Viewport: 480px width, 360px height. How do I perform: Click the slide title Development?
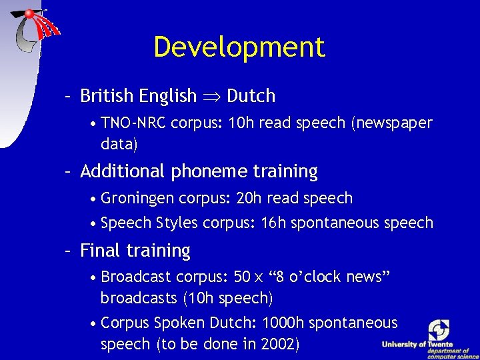point(239,47)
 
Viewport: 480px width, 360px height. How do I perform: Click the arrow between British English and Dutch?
point(211,96)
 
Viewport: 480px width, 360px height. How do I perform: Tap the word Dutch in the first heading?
point(251,96)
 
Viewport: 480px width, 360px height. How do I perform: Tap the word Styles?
point(177,223)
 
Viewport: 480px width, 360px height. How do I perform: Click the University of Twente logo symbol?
point(439,330)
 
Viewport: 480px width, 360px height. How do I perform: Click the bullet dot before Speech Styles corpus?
point(93,223)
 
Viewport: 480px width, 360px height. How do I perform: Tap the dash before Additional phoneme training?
point(68,171)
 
